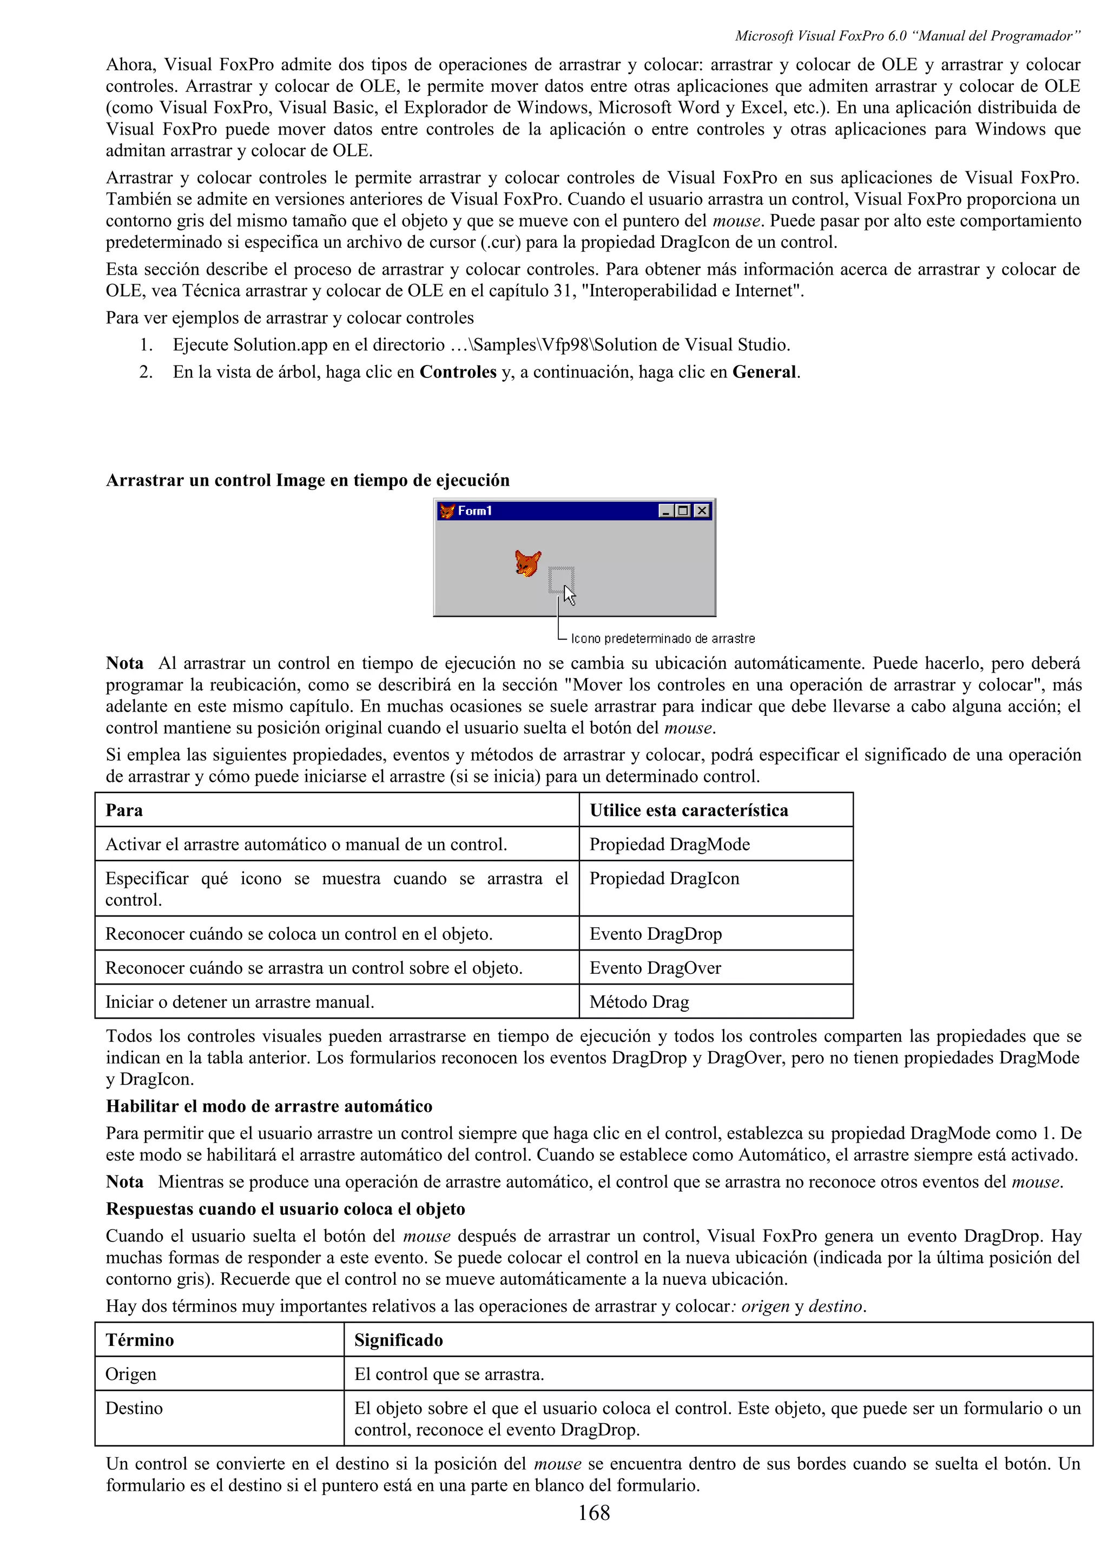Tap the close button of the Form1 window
click(701, 510)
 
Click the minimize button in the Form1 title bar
click(665, 510)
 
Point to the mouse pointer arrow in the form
click(569, 595)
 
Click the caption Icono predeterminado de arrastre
click(662, 639)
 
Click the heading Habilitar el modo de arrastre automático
click(269, 1106)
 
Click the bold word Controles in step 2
click(457, 372)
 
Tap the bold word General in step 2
click(764, 372)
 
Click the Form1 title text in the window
click(474, 510)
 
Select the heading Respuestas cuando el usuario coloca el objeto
click(285, 1209)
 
